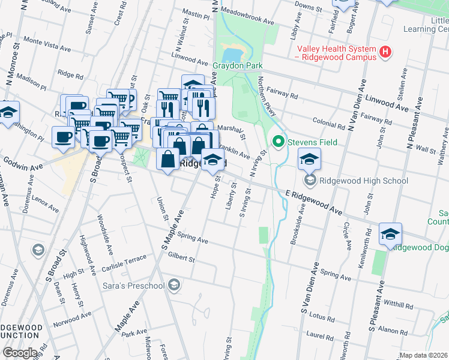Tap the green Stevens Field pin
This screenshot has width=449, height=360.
pos(278,142)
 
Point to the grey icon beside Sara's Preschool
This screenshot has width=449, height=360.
pos(174,284)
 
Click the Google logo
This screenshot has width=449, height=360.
pos(20,353)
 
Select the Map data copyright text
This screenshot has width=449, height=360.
pos(423,355)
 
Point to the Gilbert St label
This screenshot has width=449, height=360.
pos(182,258)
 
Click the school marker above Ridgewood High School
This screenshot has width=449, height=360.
pos(309,160)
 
